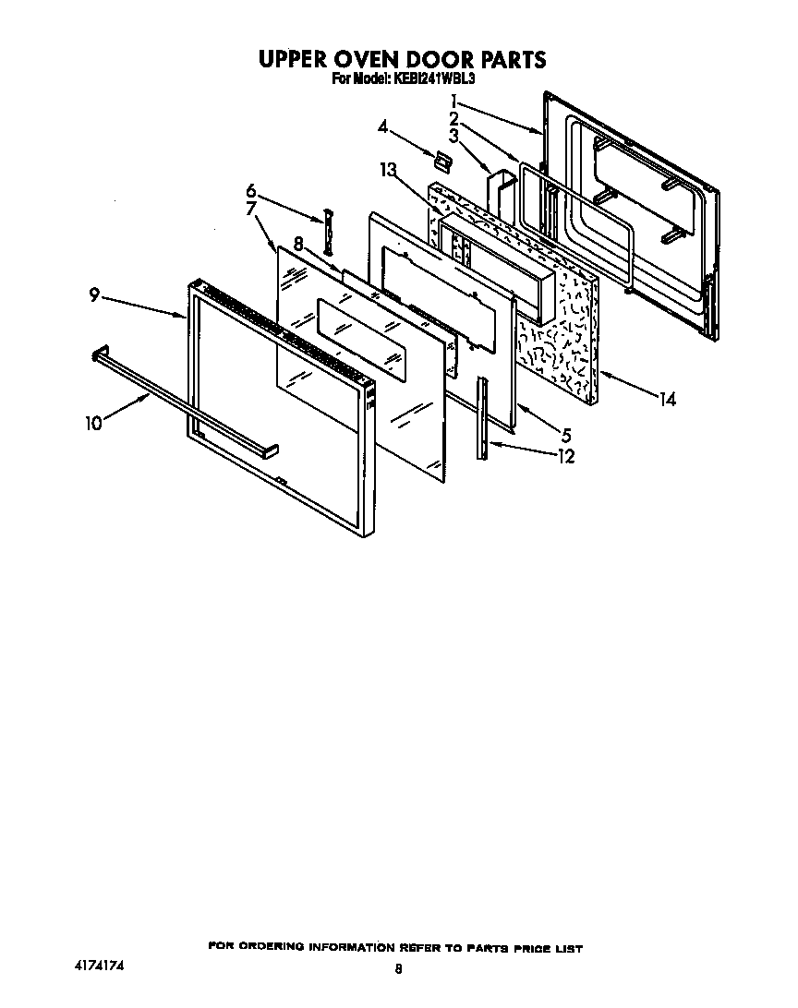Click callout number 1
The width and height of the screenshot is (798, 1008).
click(x=454, y=100)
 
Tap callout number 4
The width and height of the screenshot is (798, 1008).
click(x=382, y=126)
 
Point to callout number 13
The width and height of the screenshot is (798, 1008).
click(x=389, y=169)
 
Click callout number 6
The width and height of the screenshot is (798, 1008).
click(x=250, y=190)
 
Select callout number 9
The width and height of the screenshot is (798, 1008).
click(x=94, y=295)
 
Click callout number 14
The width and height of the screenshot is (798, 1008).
click(x=667, y=399)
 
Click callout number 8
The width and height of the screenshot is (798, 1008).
click(x=298, y=245)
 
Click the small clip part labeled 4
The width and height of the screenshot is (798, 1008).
click(x=441, y=162)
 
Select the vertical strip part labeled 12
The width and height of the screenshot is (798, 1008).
click(x=482, y=416)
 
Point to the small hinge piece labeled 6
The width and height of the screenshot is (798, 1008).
click(x=327, y=232)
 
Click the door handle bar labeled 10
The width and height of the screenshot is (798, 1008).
click(x=185, y=401)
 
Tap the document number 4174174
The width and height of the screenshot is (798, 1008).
click(x=99, y=965)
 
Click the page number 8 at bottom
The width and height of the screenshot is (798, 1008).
click(x=399, y=969)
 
